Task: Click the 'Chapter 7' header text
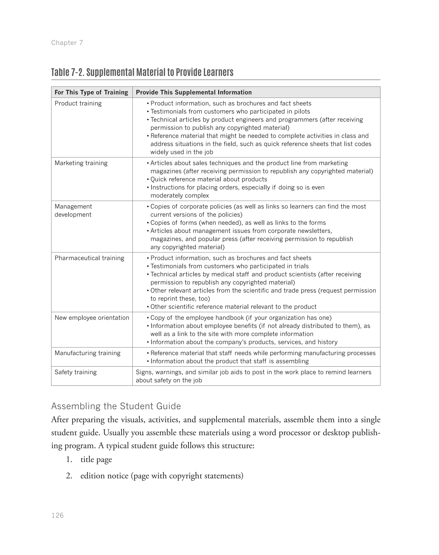67,43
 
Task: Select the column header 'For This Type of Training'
91,92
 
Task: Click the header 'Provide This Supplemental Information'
194,92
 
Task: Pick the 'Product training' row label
78,103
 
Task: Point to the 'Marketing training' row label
81,163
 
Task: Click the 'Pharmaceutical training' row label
89,258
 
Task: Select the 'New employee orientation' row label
92,318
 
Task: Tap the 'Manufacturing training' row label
87,353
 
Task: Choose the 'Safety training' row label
76,372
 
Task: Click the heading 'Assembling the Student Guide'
116,406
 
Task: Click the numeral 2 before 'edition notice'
68,476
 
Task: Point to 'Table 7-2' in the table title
68,72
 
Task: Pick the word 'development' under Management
73,215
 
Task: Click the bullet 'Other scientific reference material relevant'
233,307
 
